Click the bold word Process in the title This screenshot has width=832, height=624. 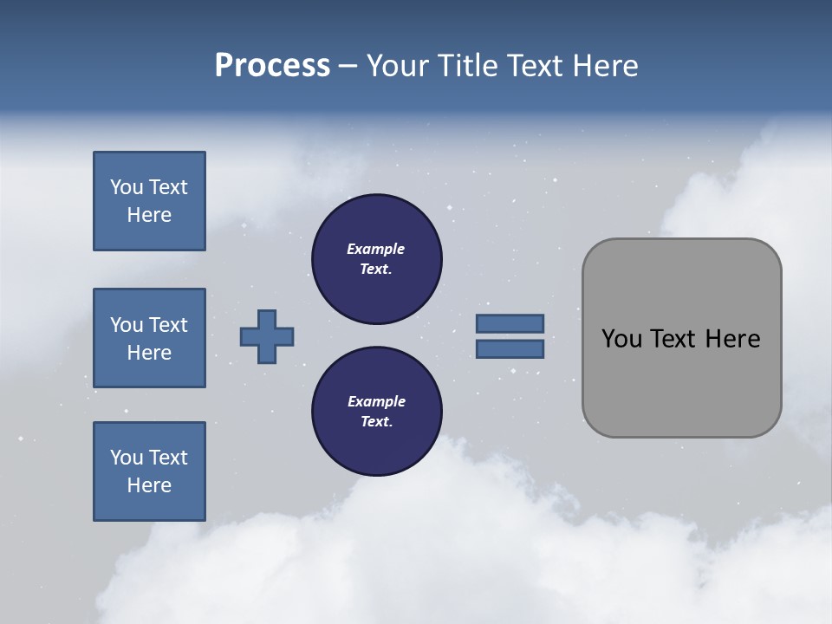[x=272, y=66]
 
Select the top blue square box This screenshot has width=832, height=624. [x=149, y=201]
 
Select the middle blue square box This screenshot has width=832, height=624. [x=149, y=338]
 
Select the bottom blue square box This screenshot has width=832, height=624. [x=149, y=471]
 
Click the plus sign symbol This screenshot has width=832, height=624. [x=267, y=336]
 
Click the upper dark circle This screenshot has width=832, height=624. [x=377, y=259]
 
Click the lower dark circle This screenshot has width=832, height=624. [x=377, y=412]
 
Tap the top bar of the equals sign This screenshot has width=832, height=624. [x=510, y=323]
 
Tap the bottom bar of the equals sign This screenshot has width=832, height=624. [x=510, y=349]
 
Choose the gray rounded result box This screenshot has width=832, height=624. [x=681, y=381]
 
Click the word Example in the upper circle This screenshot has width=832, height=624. [x=376, y=250]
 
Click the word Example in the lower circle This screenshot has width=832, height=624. [x=376, y=402]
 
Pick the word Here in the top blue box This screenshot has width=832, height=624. [x=149, y=215]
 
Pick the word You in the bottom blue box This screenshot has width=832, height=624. [x=127, y=458]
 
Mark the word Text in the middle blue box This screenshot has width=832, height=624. [x=167, y=325]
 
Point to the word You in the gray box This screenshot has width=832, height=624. [x=621, y=339]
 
